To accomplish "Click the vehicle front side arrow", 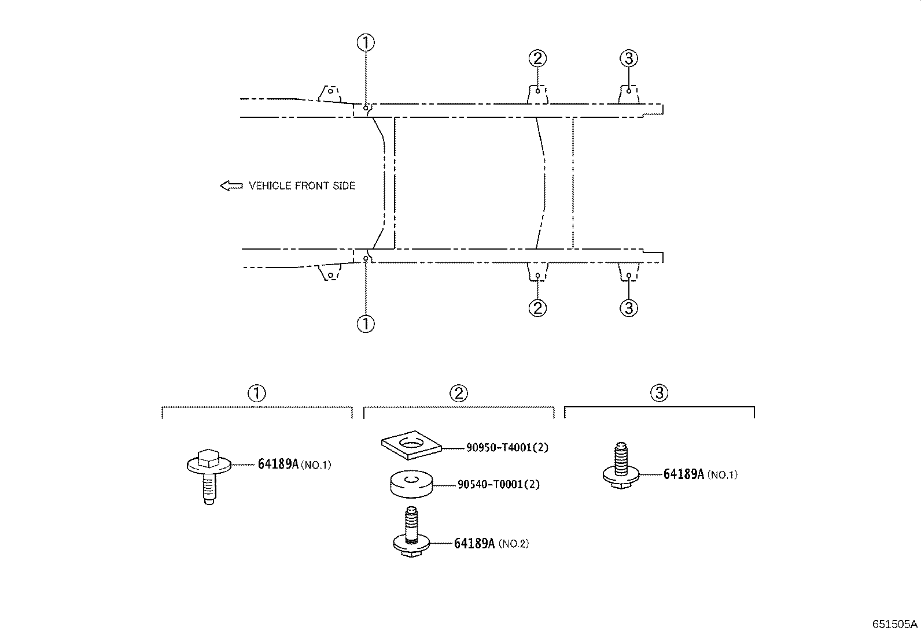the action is (231, 185).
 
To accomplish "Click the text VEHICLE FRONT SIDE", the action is (302, 185).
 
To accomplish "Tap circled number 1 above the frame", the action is (366, 42).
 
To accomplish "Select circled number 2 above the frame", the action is (537, 58).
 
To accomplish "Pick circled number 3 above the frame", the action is (629, 58).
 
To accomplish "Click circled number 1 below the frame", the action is (366, 324).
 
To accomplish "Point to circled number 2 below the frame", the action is (537, 308).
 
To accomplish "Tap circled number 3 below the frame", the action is (629, 308).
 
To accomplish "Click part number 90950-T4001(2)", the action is (507, 447).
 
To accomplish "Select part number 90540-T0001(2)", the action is (498, 484).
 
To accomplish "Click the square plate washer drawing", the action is (411, 445).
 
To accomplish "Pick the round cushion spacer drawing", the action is (411, 484).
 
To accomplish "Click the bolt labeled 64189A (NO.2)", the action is (411, 532).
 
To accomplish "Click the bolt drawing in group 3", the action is (621, 465).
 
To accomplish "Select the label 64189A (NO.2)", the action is (491, 543).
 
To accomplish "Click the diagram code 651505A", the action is (895, 625).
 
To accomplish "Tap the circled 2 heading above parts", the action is (458, 393).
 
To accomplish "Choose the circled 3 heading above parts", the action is (659, 393).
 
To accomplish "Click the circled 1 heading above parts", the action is (256, 393).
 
